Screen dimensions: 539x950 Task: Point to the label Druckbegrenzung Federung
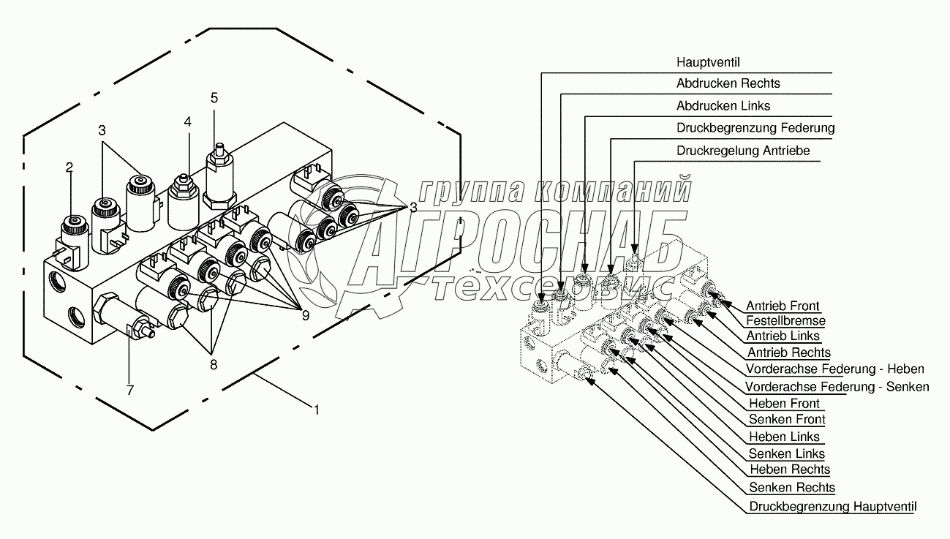click(755, 128)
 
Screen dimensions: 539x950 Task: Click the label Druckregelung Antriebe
click(743, 151)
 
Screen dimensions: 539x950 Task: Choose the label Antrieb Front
click(783, 306)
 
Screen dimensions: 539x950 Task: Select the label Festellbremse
click(785, 321)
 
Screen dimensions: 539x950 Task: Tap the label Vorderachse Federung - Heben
click(834, 369)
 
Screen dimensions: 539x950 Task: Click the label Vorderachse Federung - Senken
click(837, 386)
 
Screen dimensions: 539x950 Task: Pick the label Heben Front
click(785, 404)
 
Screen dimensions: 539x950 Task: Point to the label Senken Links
click(786, 454)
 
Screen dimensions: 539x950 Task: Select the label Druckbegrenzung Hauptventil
click(832, 506)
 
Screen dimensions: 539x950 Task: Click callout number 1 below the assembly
click(317, 410)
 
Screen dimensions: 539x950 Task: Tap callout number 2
click(69, 167)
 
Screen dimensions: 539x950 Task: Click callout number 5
click(214, 97)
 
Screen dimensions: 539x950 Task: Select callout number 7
click(130, 390)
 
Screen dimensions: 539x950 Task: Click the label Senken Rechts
click(792, 488)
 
